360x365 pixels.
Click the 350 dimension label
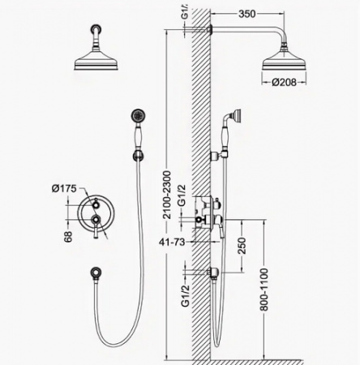[x=247, y=14]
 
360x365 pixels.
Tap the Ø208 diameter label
[x=284, y=82]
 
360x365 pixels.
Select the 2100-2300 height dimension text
[x=167, y=195]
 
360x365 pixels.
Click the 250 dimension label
[x=242, y=246]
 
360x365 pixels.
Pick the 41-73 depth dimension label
[x=172, y=243]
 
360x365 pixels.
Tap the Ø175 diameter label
[x=64, y=188]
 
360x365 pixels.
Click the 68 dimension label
[x=68, y=237]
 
